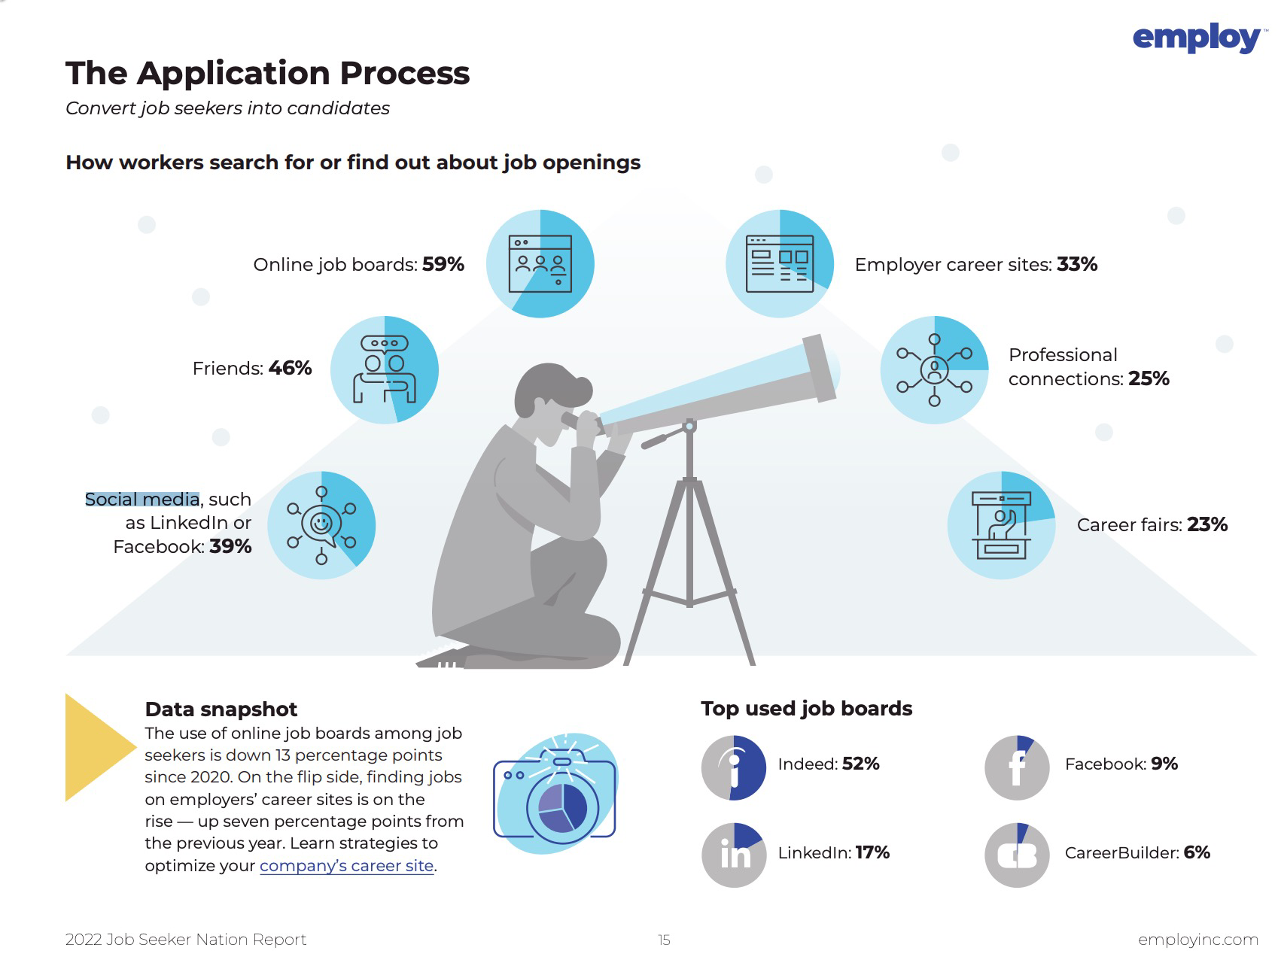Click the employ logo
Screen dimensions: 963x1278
click(x=1195, y=38)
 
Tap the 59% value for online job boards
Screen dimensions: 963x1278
click(x=443, y=264)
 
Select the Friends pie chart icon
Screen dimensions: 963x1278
click(x=385, y=369)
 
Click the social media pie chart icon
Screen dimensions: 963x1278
click(x=321, y=525)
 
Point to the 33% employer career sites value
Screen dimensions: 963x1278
click(x=1077, y=264)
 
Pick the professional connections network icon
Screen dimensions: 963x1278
click(x=934, y=369)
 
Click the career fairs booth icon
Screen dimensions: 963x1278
click(x=1001, y=525)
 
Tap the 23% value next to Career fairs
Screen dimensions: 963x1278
click(x=1207, y=524)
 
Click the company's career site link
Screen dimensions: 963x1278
click(x=347, y=866)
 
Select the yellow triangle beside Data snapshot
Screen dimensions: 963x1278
click(x=96, y=746)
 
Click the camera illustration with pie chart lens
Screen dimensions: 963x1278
click(x=555, y=793)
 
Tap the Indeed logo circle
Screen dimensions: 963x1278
click(x=734, y=767)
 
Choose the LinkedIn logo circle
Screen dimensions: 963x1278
click(x=734, y=855)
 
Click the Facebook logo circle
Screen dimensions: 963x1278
click(x=1017, y=767)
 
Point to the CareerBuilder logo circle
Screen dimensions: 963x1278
click(x=1017, y=855)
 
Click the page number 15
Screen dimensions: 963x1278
click(x=664, y=940)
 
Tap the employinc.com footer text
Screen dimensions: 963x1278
click(x=1198, y=939)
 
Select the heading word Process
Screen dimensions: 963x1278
click(x=404, y=73)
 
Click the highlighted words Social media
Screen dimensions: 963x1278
click(x=142, y=499)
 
